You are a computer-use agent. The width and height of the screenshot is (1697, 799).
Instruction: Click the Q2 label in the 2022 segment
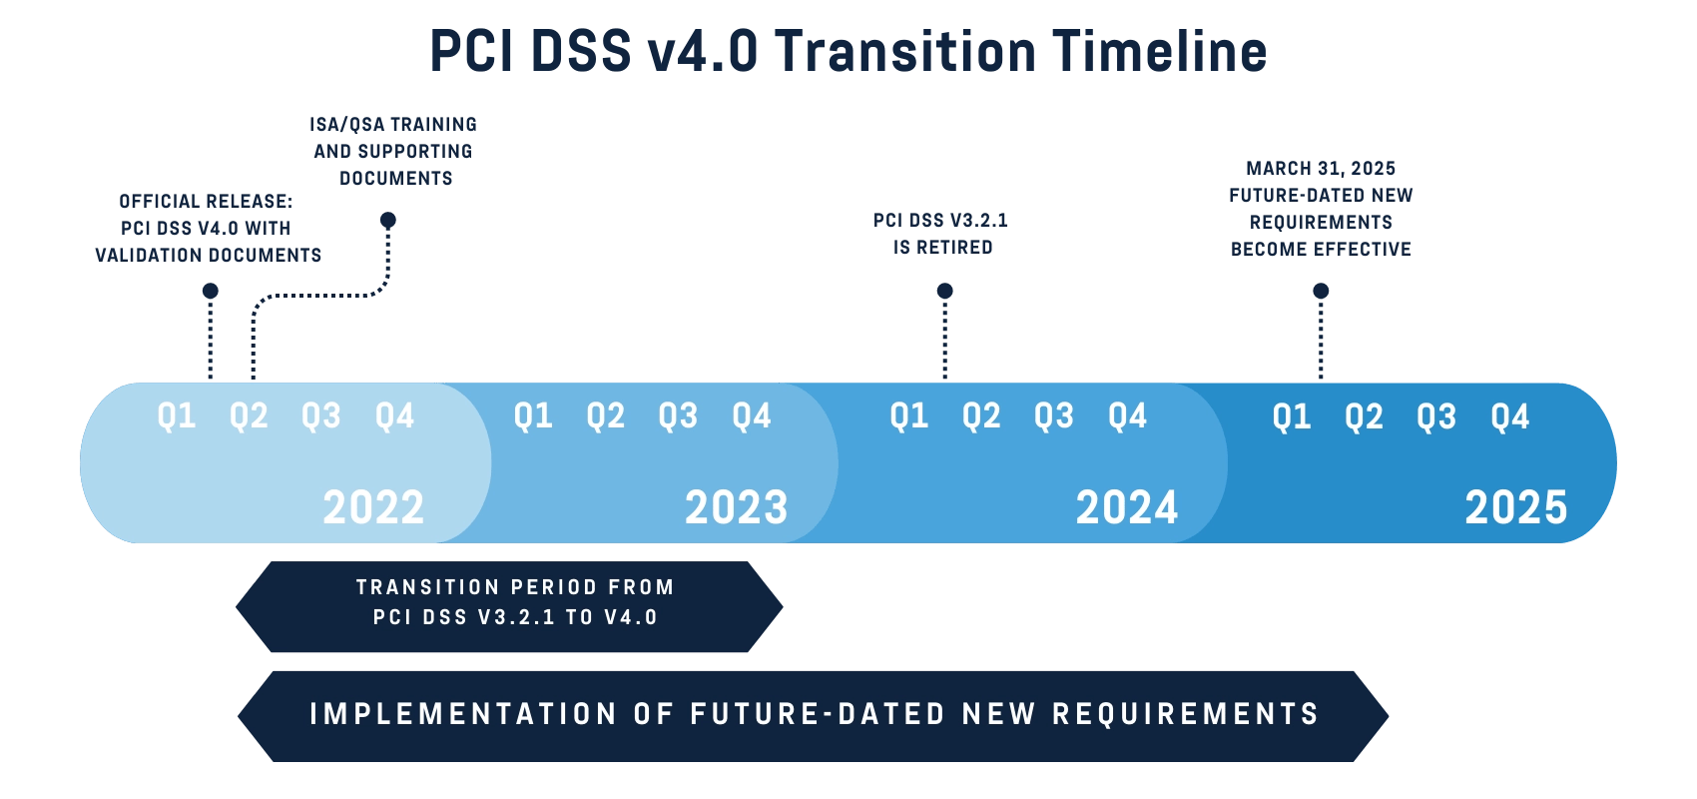tap(249, 415)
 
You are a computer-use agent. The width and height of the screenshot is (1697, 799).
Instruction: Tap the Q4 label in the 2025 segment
tap(1509, 416)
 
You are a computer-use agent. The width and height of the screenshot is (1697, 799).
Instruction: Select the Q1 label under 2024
tap(908, 415)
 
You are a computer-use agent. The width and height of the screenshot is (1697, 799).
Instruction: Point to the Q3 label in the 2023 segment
tap(678, 415)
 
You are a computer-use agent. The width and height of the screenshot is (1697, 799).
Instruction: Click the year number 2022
tap(373, 507)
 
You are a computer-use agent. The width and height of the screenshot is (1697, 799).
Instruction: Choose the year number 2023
tap(736, 507)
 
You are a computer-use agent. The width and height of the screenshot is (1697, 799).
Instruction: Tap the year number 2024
tap(1127, 507)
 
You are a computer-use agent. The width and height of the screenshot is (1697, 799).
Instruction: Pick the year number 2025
tap(1516, 507)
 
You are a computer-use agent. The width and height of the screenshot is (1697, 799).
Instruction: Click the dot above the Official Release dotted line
tap(210, 291)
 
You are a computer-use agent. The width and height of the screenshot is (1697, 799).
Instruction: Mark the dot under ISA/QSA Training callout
tap(388, 220)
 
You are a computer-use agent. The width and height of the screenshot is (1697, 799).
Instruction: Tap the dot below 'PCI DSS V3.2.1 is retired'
tap(944, 291)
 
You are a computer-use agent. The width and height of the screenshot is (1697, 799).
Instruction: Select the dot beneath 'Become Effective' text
tap(1321, 291)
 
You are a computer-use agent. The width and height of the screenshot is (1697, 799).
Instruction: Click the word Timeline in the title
tap(1158, 51)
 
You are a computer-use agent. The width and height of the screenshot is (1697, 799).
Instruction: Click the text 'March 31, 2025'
tap(1321, 168)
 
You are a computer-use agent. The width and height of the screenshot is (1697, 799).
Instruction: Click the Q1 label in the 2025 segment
tap(1291, 416)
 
